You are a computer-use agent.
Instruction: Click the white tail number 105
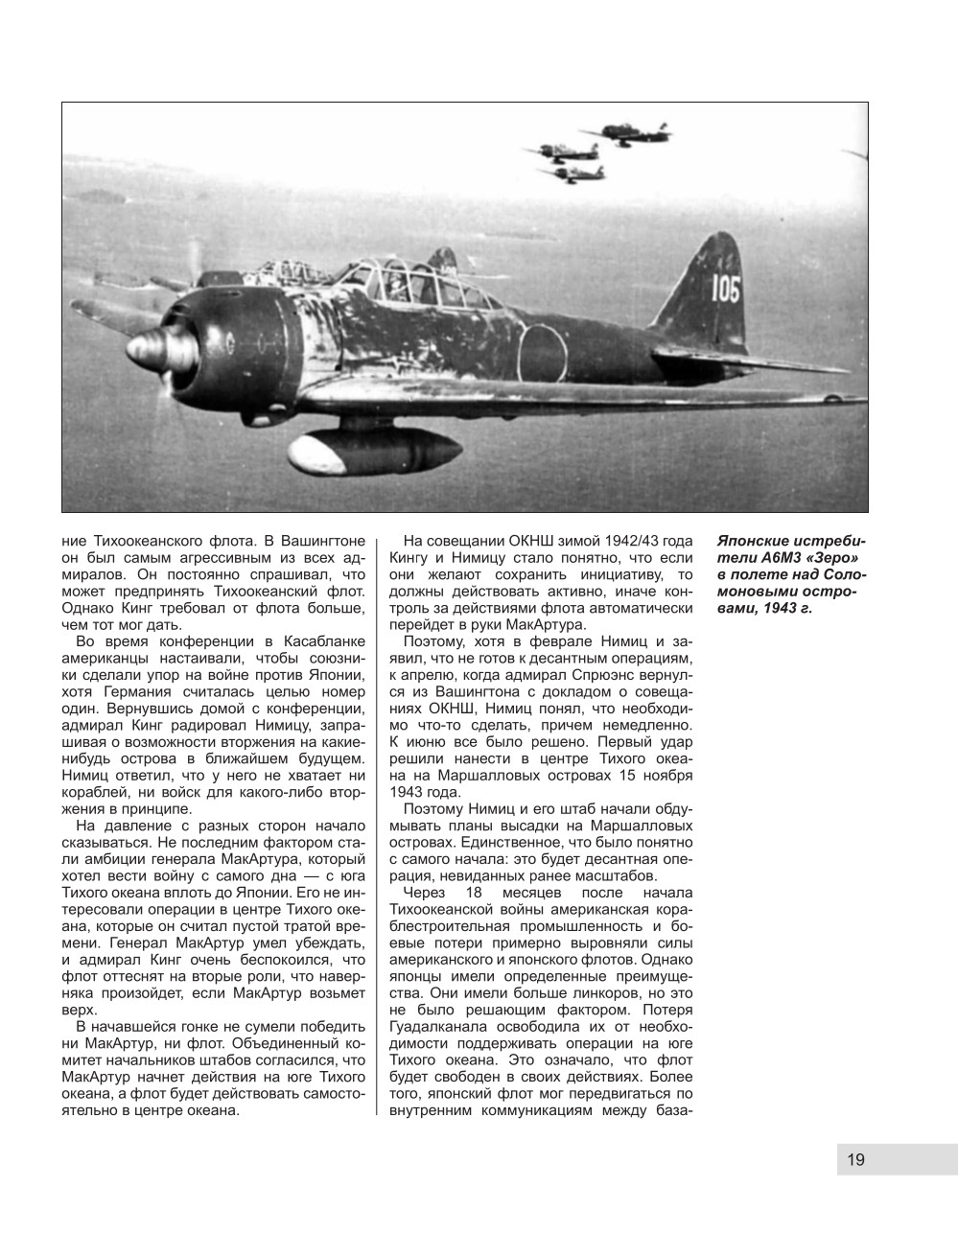click(x=725, y=289)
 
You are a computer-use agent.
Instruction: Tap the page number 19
click(x=855, y=1160)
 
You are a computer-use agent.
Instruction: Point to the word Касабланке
click(x=319, y=641)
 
